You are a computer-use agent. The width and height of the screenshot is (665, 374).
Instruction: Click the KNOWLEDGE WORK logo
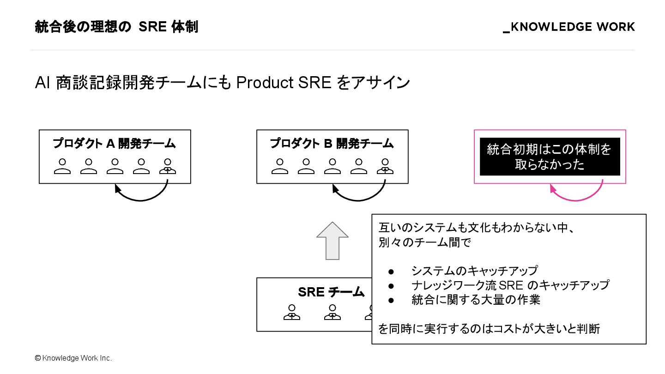[x=569, y=27]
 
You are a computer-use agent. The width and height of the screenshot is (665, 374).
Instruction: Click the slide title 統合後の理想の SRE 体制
[x=116, y=27]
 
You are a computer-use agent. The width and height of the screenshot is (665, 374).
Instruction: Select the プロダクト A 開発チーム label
[x=114, y=144]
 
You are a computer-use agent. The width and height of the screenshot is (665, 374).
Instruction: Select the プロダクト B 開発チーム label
[x=332, y=144]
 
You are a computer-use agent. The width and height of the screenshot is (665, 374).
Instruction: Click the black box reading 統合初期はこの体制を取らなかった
[x=550, y=157]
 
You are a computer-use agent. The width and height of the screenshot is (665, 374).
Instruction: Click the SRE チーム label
[x=331, y=292]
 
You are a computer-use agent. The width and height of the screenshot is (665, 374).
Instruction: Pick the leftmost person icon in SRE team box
[x=292, y=312]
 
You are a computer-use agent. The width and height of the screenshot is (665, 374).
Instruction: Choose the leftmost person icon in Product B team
[x=280, y=166]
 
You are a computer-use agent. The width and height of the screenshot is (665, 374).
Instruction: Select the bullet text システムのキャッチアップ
[x=474, y=271]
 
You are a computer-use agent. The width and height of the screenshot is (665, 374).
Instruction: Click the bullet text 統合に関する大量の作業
[x=476, y=300]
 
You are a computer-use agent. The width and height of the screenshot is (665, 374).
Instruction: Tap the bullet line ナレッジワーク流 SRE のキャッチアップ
[x=510, y=285]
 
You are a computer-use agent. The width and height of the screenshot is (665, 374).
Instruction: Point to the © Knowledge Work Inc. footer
[x=73, y=358]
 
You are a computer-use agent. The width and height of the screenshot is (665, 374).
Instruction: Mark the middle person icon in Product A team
[x=115, y=166]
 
